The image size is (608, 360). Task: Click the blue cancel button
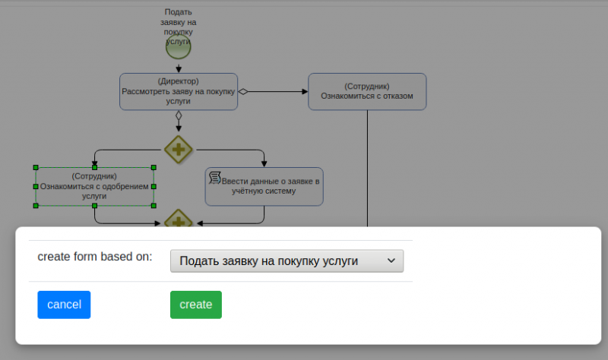tap(64, 305)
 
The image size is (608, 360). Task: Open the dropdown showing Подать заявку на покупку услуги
tap(287, 261)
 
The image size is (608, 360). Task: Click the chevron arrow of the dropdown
tap(391, 261)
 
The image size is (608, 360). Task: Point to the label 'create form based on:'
tap(95, 257)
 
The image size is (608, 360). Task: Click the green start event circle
tap(179, 47)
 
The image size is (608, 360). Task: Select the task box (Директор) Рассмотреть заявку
tap(179, 91)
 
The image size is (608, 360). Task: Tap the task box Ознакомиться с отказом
tap(367, 91)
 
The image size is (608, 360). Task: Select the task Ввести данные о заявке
tap(264, 186)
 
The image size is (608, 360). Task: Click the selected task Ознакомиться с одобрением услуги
tap(94, 186)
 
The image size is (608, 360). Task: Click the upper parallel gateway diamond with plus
tap(179, 150)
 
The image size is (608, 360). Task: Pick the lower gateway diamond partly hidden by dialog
tap(179, 219)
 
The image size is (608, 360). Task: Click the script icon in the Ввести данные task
tap(215, 178)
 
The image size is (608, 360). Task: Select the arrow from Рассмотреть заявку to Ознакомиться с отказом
tap(273, 92)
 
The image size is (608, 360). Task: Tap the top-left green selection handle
tap(36, 167)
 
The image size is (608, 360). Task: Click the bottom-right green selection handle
tap(154, 206)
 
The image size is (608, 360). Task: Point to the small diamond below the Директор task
tap(179, 115)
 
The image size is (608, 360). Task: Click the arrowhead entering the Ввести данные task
tap(264, 164)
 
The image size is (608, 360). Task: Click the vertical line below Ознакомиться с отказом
tap(367, 168)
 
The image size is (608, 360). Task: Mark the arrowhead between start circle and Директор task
tap(179, 69)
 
